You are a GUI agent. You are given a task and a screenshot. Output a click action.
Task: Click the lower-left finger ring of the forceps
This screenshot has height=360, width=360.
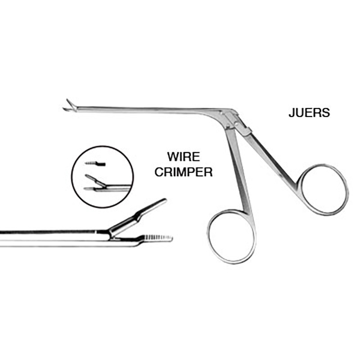coord(232,236)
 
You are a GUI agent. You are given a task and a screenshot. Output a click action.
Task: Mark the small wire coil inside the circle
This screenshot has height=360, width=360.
coord(95,163)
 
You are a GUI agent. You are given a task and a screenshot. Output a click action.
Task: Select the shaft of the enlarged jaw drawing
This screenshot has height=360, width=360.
coord(54,235)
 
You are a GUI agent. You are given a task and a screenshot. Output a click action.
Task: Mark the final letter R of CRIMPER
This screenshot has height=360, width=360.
coord(209,172)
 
